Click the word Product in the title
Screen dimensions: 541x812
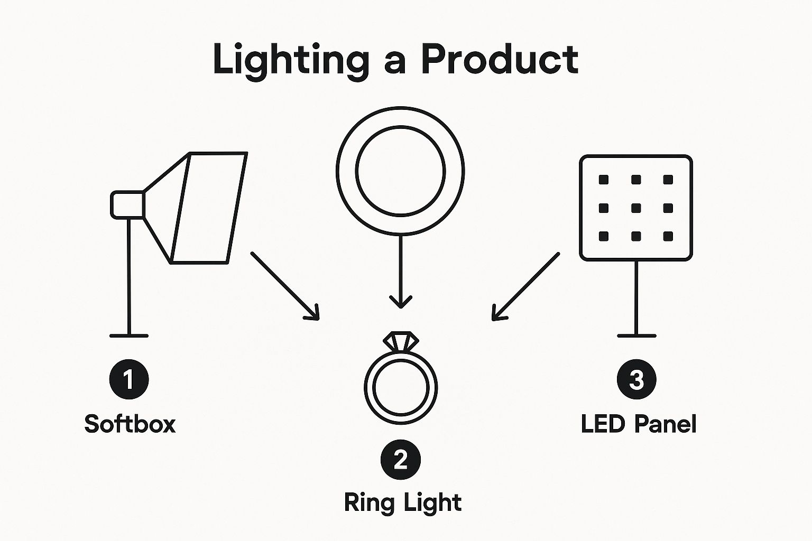[x=500, y=59]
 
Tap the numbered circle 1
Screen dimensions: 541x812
[x=129, y=379]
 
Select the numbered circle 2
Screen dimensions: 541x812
[x=401, y=459]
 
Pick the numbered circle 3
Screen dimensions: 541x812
[x=636, y=379]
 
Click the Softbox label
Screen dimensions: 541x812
[x=130, y=424]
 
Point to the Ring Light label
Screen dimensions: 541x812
[x=403, y=502]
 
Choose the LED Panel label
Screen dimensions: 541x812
[x=639, y=424]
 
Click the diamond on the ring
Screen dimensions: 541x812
[x=401, y=341]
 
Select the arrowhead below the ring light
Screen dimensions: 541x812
[x=401, y=303]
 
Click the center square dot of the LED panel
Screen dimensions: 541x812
[x=636, y=208]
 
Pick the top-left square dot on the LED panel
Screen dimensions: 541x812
[x=604, y=180]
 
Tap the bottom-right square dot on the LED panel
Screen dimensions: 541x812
[x=668, y=236]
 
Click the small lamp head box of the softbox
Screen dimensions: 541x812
[x=127, y=204]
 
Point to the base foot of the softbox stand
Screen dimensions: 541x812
[x=129, y=335]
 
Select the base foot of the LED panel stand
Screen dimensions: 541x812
[x=636, y=335]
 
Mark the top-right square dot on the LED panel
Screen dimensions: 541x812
[x=668, y=180]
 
